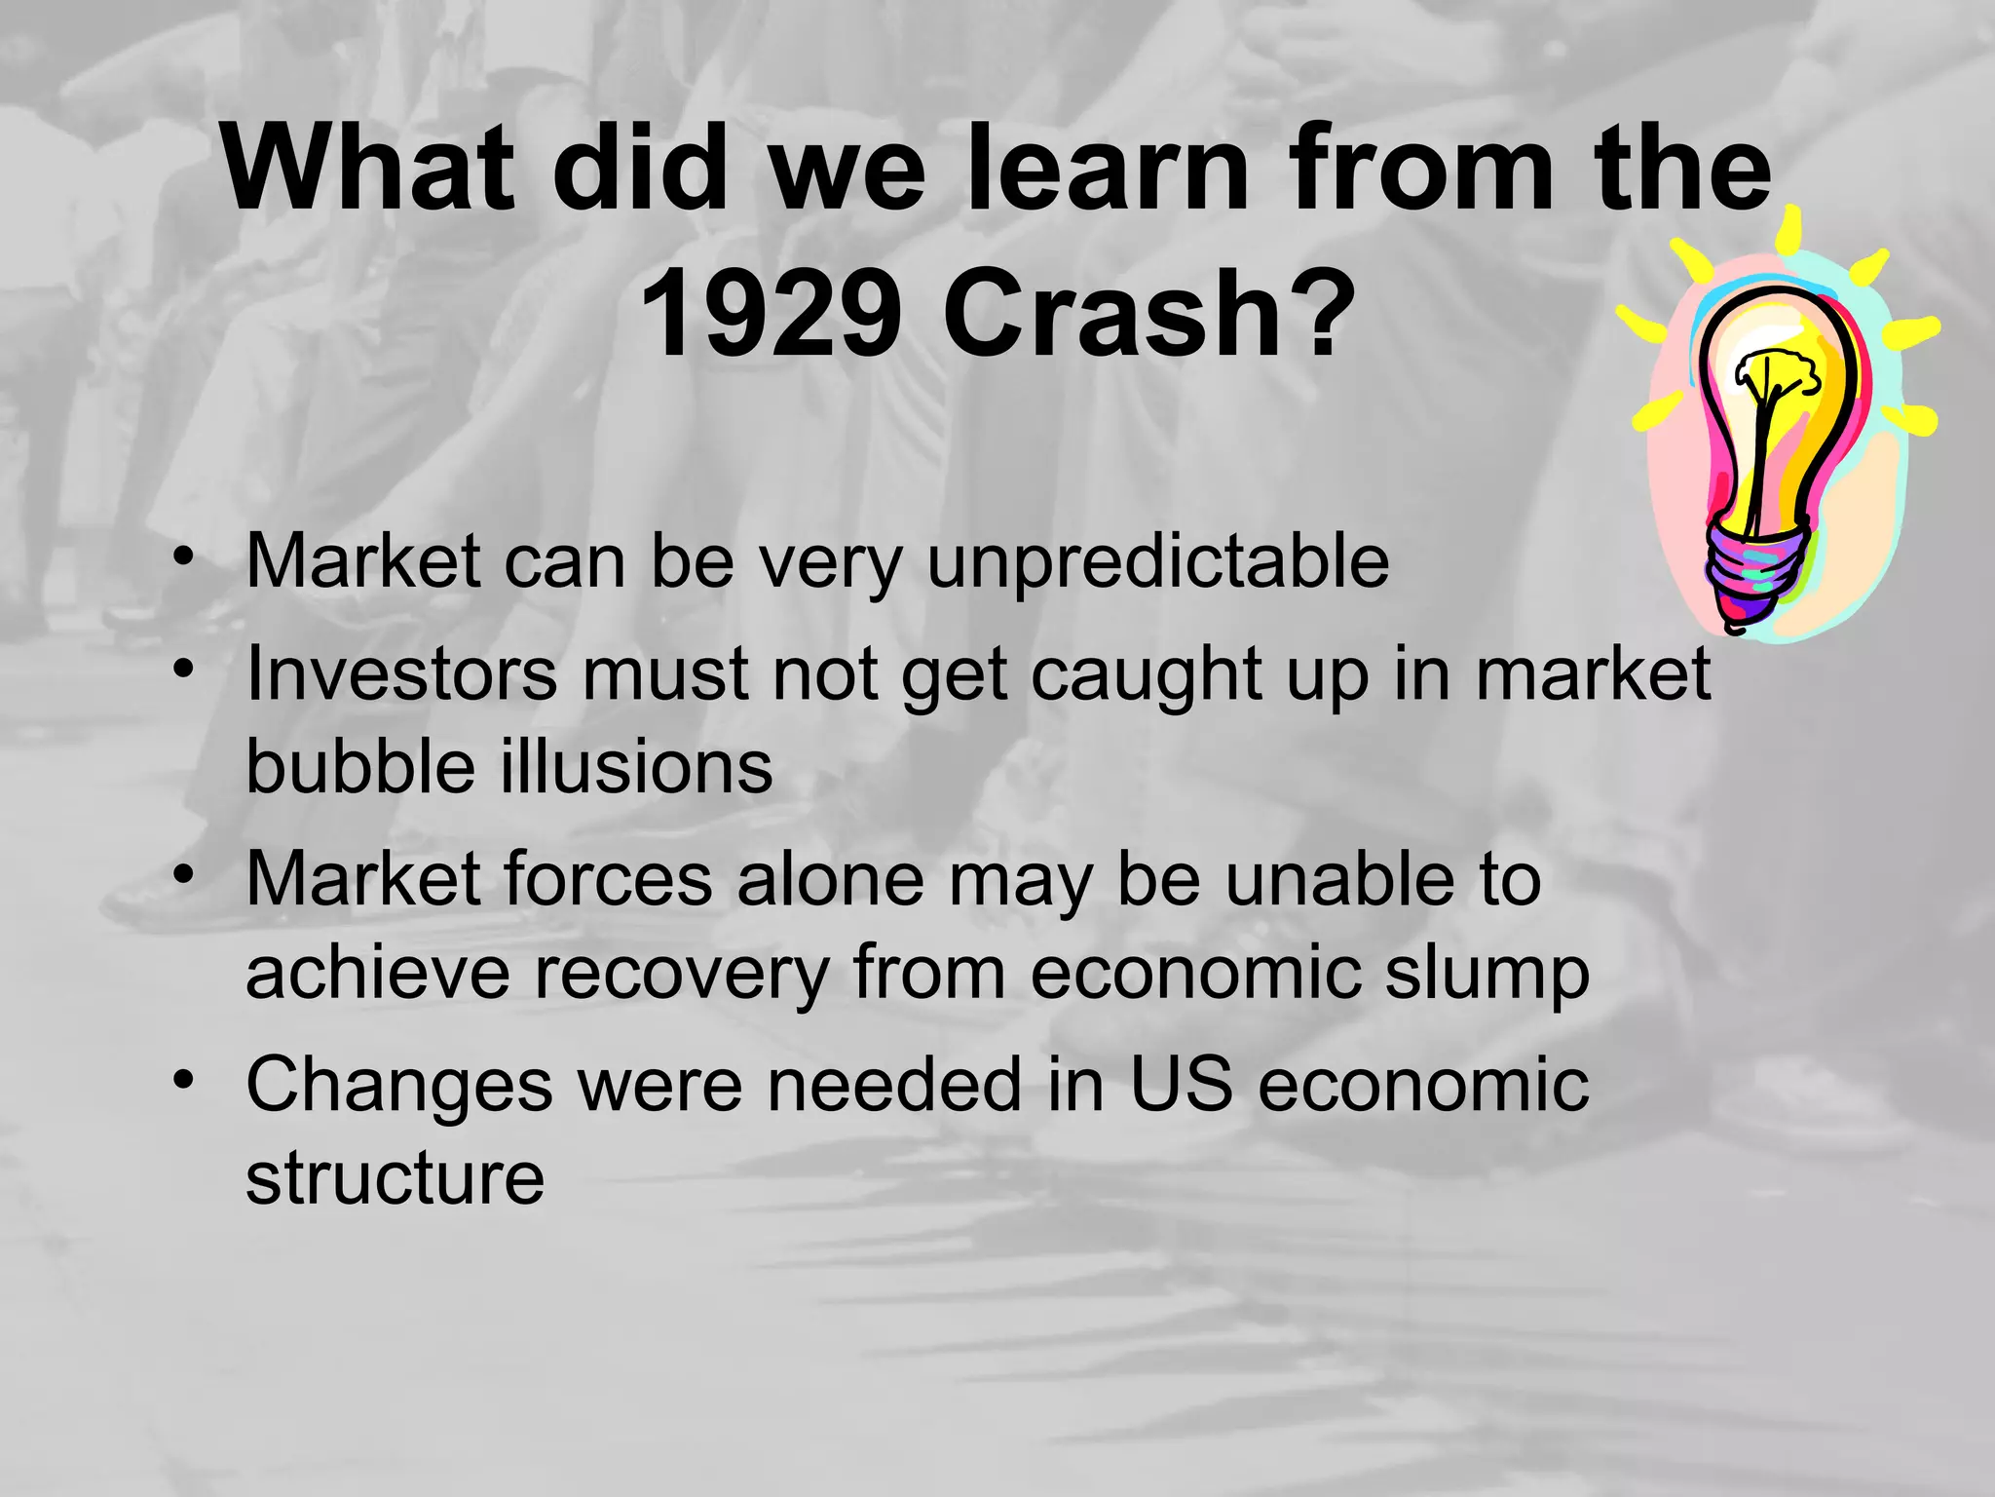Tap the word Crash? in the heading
tap(1149, 315)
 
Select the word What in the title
tap(367, 168)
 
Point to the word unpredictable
tap(1157, 563)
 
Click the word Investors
tap(402, 674)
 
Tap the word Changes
tap(399, 1086)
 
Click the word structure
tap(395, 1177)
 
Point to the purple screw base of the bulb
tap(1753, 575)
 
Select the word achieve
tap(378, 973)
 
